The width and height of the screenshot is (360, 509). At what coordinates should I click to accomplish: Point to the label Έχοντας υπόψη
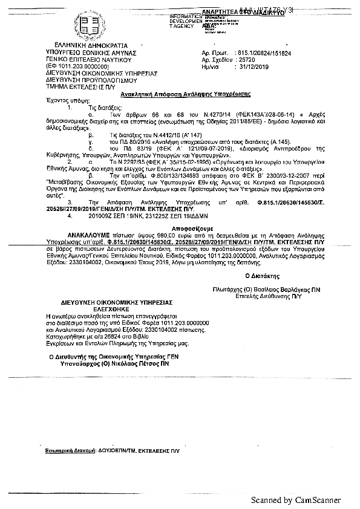[x=63, y=102]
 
